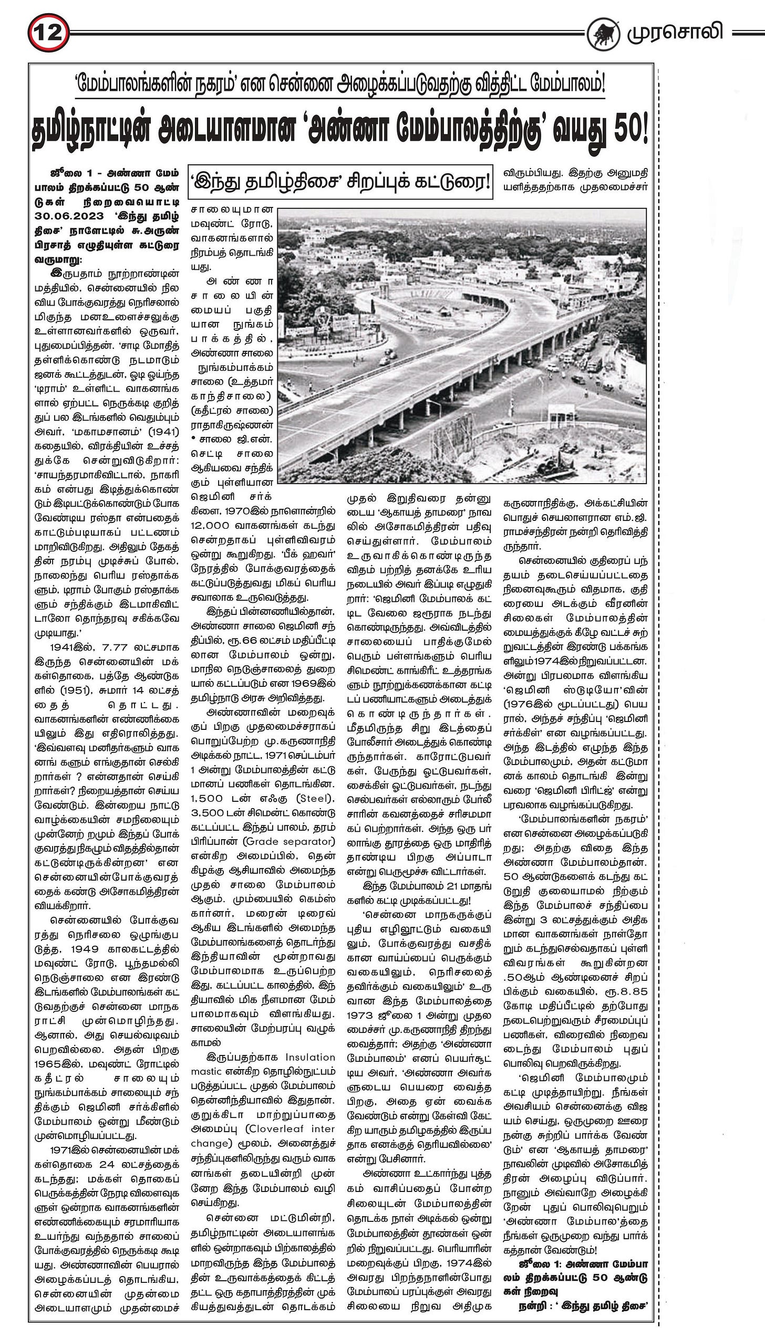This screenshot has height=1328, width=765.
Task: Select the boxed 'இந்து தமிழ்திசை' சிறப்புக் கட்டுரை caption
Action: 341,182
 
